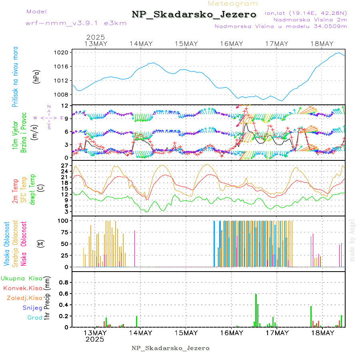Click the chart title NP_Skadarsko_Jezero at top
tap(194, 14)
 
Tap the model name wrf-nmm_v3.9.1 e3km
tap(76, 23)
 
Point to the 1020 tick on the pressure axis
tap(64, 52)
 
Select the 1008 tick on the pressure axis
tap(64, 95)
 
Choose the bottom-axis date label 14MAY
tap(140, 333)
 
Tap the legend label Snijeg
tap(32, 308)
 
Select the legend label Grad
tap(35, 318)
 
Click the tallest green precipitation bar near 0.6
tap(256, 310)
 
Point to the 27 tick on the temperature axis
tap(66, 165)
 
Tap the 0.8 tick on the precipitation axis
tap(64, 282)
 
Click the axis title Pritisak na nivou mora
tap(15, 77)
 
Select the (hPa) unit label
tap(36, 77)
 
